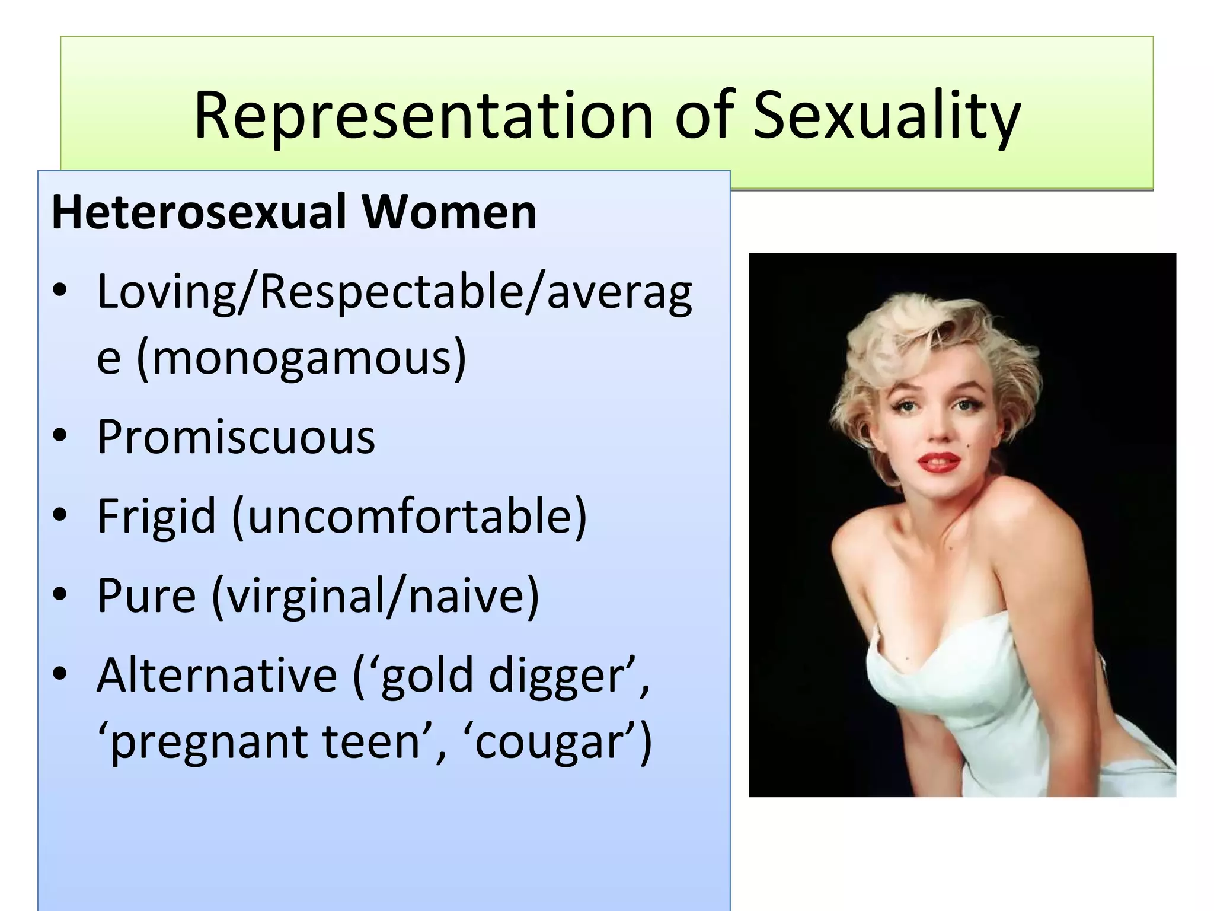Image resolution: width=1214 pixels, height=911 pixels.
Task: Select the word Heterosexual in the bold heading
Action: [x=199, y=212]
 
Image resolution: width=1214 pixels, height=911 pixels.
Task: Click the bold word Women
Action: [x=449, y=212]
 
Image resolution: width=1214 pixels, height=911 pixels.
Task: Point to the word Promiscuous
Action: [x=236, y=437]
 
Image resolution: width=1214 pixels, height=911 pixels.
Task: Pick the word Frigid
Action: [x=156, y=516]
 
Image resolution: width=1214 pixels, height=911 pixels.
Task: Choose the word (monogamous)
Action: [x=302, y=358]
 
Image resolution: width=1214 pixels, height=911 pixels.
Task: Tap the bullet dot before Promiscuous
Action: [x=60, y=437]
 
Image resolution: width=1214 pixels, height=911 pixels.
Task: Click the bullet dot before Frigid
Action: [x=60, y=516]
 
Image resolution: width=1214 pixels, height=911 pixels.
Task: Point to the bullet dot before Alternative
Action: [x=60, y=674]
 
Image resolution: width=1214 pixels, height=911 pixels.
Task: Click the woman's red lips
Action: [x=939, y=461]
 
